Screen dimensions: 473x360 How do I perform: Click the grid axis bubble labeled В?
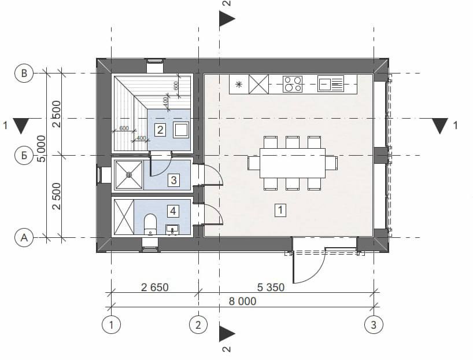click(24, 73)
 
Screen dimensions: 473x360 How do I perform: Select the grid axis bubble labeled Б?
click(24, 156)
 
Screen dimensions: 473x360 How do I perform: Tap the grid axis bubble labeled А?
click(24, 238)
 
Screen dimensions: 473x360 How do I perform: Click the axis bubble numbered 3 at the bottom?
click(374, 325)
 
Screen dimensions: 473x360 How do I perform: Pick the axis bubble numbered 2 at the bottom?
click(198, 325)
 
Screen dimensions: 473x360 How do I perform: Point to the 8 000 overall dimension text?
click(242, 301)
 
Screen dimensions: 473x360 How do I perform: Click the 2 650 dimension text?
click(155, 287)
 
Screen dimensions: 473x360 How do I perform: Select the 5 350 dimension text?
click(271, 287)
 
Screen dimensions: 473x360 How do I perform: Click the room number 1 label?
click(280, 210)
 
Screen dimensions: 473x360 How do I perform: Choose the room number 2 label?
click(160, 130)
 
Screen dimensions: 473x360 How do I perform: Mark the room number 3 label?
click(173, 180)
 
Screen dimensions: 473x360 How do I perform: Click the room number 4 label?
click(173, 211)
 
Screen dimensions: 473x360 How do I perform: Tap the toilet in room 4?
click(150, 224)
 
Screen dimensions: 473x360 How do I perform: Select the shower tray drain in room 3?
click(129, 175)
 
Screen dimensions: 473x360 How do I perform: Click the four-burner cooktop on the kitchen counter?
click(293, 84)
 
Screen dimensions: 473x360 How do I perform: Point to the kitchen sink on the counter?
click(331, 84)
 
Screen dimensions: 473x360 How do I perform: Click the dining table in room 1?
click(293, 163)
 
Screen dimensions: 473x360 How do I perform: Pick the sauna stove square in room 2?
click(181, 130)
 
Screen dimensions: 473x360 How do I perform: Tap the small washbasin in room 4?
click(172, 230)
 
